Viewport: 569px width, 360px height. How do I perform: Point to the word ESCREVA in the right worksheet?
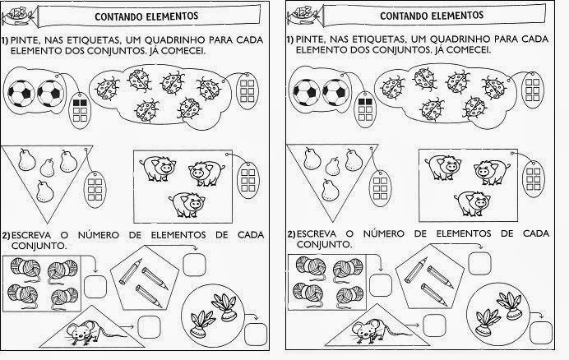click(x=319, y=233)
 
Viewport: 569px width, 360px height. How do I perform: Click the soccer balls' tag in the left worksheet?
click(x=80, y=108)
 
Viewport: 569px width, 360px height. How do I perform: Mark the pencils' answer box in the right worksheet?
click(x=478, y=263)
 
